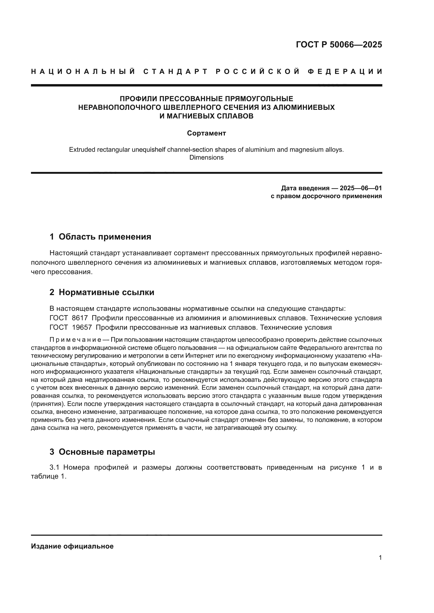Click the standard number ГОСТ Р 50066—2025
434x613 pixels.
coord(339,45)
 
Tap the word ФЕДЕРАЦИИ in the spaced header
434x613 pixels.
coord(345,72)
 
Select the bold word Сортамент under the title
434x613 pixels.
coord(206,133)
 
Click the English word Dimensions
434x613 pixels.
coord(206,158)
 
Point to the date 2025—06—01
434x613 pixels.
coord(361,188)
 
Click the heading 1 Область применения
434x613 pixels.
coord(100,237)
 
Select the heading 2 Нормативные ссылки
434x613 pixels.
coord(102,292)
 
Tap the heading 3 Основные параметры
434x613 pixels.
coord(102,452)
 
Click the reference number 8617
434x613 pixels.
coord(80,318)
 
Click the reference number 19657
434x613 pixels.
coord(82,327)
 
